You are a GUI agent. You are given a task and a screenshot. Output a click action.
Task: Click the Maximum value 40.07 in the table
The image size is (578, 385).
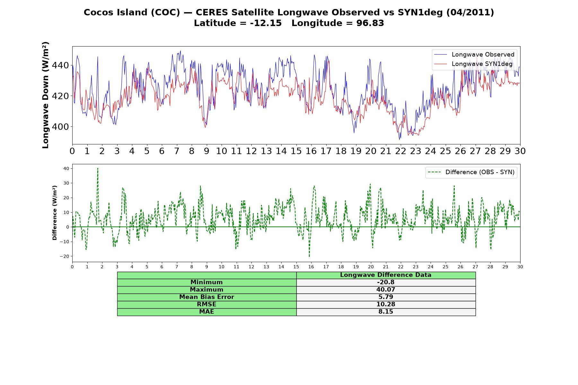pyautogui.click(x=386, y=290)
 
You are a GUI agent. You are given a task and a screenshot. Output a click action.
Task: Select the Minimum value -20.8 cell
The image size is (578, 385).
pyautogui.click(x=386, y=282)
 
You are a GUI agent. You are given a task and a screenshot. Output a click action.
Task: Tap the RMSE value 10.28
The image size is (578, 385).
pyautogui.click(x=386, y=304)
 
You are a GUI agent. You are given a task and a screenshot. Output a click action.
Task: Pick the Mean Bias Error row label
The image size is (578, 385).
pyautogui.click(x=207, y=297)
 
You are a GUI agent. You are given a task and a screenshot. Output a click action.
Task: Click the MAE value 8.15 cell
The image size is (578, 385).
pyautogui.click(x=386, y=312)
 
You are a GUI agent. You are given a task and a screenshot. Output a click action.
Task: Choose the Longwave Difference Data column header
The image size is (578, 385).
pyautogui.click(x=386, y=275)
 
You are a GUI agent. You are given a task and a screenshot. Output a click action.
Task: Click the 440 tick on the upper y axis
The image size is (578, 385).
pyautogui.click(x=60, y=65)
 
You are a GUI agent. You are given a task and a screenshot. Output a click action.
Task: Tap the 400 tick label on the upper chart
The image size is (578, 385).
pyautogui.click(x=60, y=127)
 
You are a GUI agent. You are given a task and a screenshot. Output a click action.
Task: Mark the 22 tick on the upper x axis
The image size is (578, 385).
pyautogui.click(x=401, y=151)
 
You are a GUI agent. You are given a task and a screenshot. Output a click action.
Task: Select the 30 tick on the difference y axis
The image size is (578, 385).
pyautogui.click(x=66, y=183)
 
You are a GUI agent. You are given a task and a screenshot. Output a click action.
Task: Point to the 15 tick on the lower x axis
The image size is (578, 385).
pyautogui.click(x=296, y=267)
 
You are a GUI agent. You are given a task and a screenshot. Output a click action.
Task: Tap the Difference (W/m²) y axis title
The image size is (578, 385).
pyautogui.click(x=55, y=213)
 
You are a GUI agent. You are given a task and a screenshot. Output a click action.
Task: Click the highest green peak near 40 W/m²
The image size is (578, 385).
pyautogui.click(x=98, y=168)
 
